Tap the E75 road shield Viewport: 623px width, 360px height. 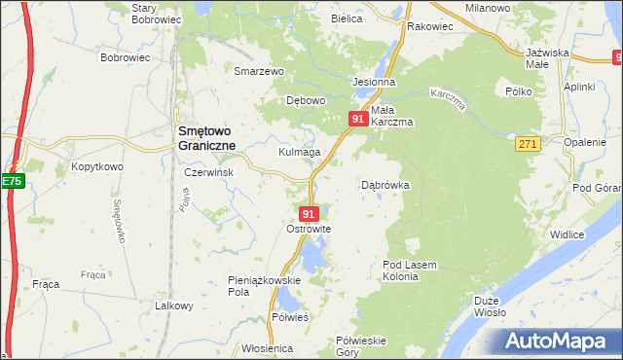(x=11, y=181)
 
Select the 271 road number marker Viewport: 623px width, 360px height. (x=527, y=143)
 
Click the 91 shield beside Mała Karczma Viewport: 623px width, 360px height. (x=357, y=119)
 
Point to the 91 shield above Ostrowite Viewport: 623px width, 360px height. (x=309, y=213)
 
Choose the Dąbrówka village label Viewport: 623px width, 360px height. (x=385, y=184)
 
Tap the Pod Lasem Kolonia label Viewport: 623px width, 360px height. (x=414, y=270)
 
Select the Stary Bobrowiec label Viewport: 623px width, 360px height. (x=158, y=13)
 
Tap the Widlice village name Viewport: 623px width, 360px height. (x=567, y=234)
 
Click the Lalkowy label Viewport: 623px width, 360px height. (x=174, y=306)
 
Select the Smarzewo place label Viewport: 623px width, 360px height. (x=258, y=71)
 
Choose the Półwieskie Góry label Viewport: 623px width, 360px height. (x=361, y=346)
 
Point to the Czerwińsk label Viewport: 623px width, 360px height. (x=207, y=171)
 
